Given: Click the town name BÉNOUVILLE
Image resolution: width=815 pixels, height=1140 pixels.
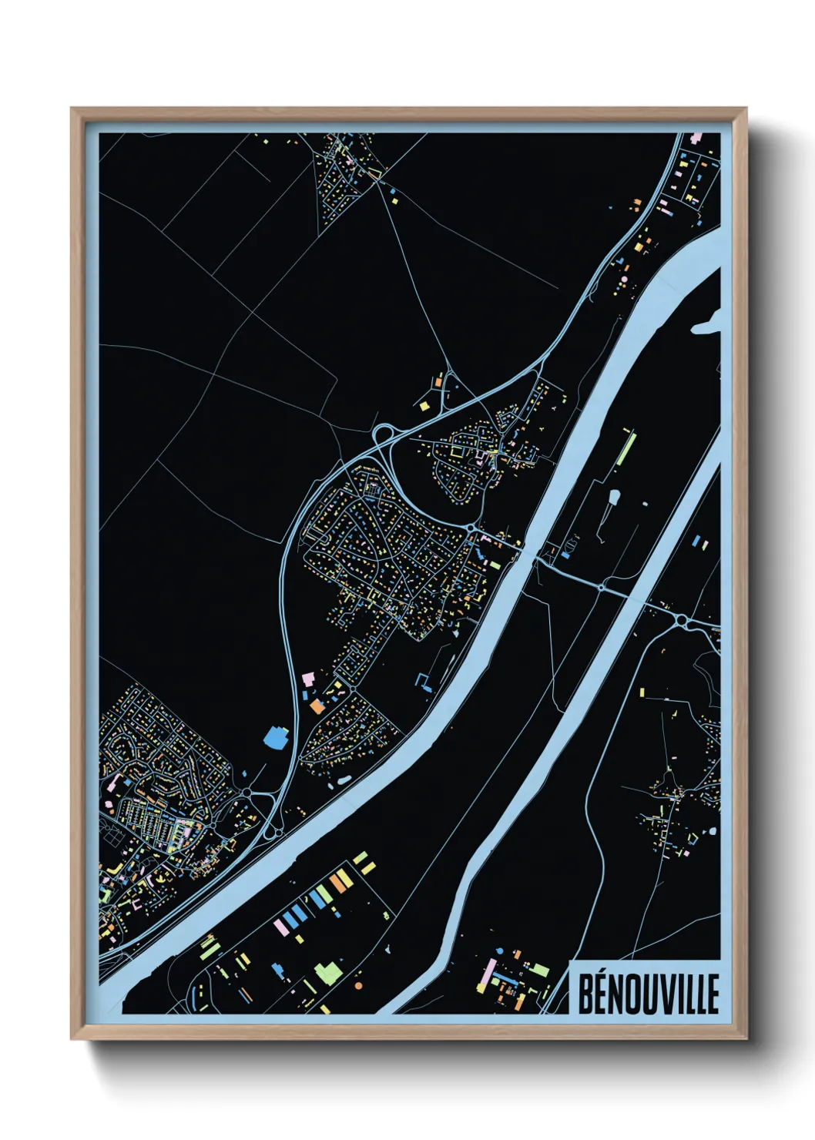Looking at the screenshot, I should tap(648, 993).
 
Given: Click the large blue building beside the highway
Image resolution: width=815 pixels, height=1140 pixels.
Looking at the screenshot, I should tap(275, 738).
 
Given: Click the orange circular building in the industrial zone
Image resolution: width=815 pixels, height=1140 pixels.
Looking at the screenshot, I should tap(357, 984).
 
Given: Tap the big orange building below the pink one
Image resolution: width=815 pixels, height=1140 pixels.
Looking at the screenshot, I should tap(316, 705).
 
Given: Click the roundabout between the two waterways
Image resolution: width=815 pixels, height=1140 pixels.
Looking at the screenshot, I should tap(600, 586).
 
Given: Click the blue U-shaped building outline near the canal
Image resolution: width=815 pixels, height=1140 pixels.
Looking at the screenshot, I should tap(423, 681).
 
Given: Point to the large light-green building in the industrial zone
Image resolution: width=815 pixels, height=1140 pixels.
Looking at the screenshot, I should tap(328, 971).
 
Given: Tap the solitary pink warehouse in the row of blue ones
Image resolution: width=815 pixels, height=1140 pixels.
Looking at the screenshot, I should tap(281, 925).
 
